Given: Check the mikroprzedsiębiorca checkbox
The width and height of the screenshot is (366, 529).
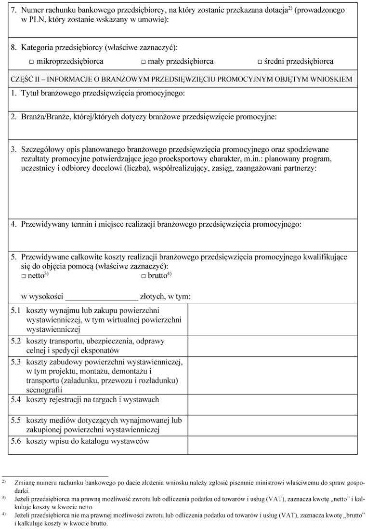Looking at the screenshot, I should pyautogui.click(x=31, y=62).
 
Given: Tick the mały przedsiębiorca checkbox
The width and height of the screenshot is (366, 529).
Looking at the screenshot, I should pyautogui.click(x=144, y=62).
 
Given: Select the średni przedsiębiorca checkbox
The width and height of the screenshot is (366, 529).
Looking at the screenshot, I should pyautogui.click(x=260, y=62).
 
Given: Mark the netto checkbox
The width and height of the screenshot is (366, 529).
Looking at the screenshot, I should pyautogui.click(x=24, y=276).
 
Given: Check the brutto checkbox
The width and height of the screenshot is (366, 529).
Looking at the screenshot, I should pyautogui.click(x=144, y=276).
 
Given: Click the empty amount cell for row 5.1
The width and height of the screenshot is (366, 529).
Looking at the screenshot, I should pyautogui.click(x=272, y=319).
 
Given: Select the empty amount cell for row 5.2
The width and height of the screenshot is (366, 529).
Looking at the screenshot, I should pyautogui.click(x=272, y=346).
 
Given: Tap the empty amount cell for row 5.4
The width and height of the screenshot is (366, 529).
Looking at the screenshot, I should pyautogui.click(x=272, y=405).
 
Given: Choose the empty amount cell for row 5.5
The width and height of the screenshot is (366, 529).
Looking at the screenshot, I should pyautogui.click(x=272, y=425).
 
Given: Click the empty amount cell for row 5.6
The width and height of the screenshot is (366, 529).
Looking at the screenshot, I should pyautogui.click(x=272, y=445).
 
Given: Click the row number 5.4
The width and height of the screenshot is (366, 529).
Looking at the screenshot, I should pyautogui.click(x=16, y=400).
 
